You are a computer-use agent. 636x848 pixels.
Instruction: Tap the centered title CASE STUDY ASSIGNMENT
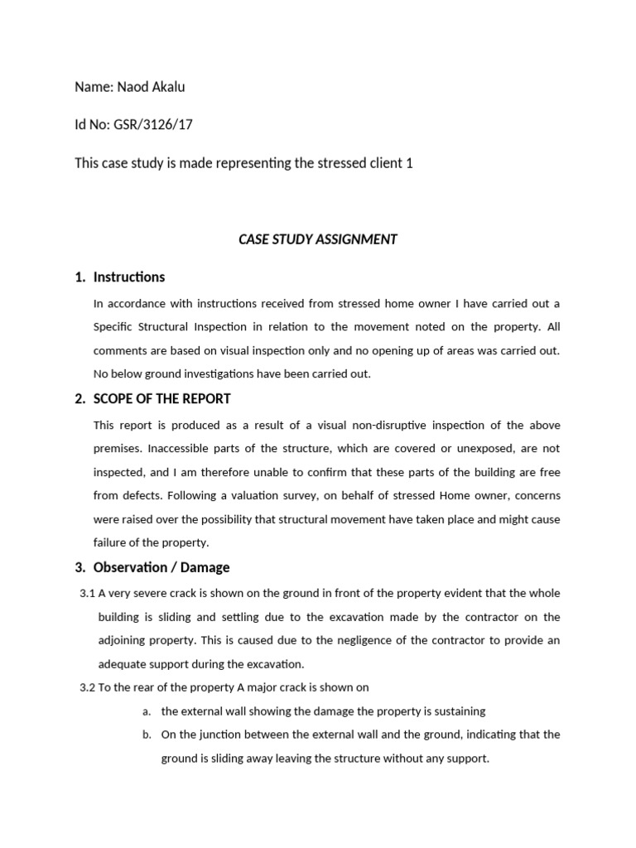coord(317,239)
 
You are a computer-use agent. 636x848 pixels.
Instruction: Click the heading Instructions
coord(129,277)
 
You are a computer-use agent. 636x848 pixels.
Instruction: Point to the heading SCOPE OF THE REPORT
coord(162,398)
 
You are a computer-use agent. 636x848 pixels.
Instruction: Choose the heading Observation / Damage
coord(161,567)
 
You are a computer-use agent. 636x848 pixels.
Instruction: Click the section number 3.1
coord(87,594)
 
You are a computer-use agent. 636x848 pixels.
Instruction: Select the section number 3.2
coord(87,687)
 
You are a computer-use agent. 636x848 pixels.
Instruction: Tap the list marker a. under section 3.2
coord(147,711)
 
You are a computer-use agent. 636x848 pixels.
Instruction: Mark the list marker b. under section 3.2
coord(147,735)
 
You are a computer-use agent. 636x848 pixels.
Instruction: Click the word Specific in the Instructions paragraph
coord(115,327)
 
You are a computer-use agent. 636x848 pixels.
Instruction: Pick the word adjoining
coord(123,640)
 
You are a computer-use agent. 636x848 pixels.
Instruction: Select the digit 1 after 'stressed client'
coord(409,163)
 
